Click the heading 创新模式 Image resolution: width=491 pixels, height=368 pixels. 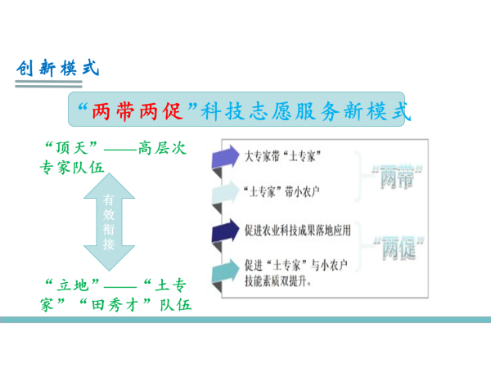coord(58,68)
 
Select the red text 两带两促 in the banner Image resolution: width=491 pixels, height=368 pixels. coord(137,111)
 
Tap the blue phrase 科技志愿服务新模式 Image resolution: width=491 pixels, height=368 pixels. coord(305,111)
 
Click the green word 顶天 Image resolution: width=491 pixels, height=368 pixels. coord(71,148)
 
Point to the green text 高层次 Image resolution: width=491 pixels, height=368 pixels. coord(162,148)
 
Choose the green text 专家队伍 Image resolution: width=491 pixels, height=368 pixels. coord(72,168)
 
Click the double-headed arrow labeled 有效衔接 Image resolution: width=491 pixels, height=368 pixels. coord(109,222)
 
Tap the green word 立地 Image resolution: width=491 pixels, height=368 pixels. coord(73,285)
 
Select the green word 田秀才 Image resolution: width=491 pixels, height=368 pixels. coord(115,305)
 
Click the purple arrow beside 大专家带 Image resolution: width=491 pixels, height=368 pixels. coord(225,156)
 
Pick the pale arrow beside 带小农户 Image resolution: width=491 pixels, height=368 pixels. coord(225,191)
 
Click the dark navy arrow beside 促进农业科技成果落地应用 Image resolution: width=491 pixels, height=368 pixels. coord(225,231)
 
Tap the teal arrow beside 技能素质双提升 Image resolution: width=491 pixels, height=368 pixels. coord(225,271)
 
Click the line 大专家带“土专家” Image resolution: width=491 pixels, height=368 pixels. coord(283,156)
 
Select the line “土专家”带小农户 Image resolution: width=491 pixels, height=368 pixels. coord(282,191)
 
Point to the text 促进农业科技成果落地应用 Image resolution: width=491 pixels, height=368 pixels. coord(298,231)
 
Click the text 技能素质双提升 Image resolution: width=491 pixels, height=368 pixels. coord(278,281)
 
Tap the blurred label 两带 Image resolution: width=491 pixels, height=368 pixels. coord(398,177)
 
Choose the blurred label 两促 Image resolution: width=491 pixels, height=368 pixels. coord(399,248)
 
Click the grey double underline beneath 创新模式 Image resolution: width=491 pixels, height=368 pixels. coord(48,84)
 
